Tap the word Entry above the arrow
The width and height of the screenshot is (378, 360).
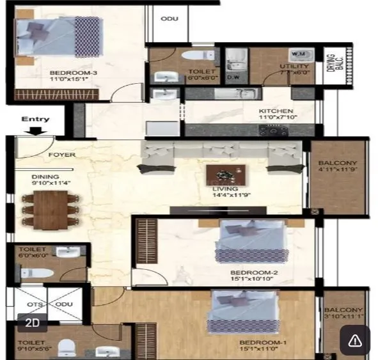coord(35,119)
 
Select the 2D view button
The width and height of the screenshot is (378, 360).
coord(32,323)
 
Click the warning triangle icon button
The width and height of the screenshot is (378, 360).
coord(354,340)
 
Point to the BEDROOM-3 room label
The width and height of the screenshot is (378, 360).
coord(74,74)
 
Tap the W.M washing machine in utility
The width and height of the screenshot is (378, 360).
coord(299,54)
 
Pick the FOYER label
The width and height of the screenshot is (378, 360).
coord(62,155)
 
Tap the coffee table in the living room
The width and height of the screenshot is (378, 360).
coord(226,175)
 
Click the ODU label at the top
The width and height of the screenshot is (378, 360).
coord(169,19)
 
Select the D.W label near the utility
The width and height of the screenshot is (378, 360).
coord(233,79)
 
